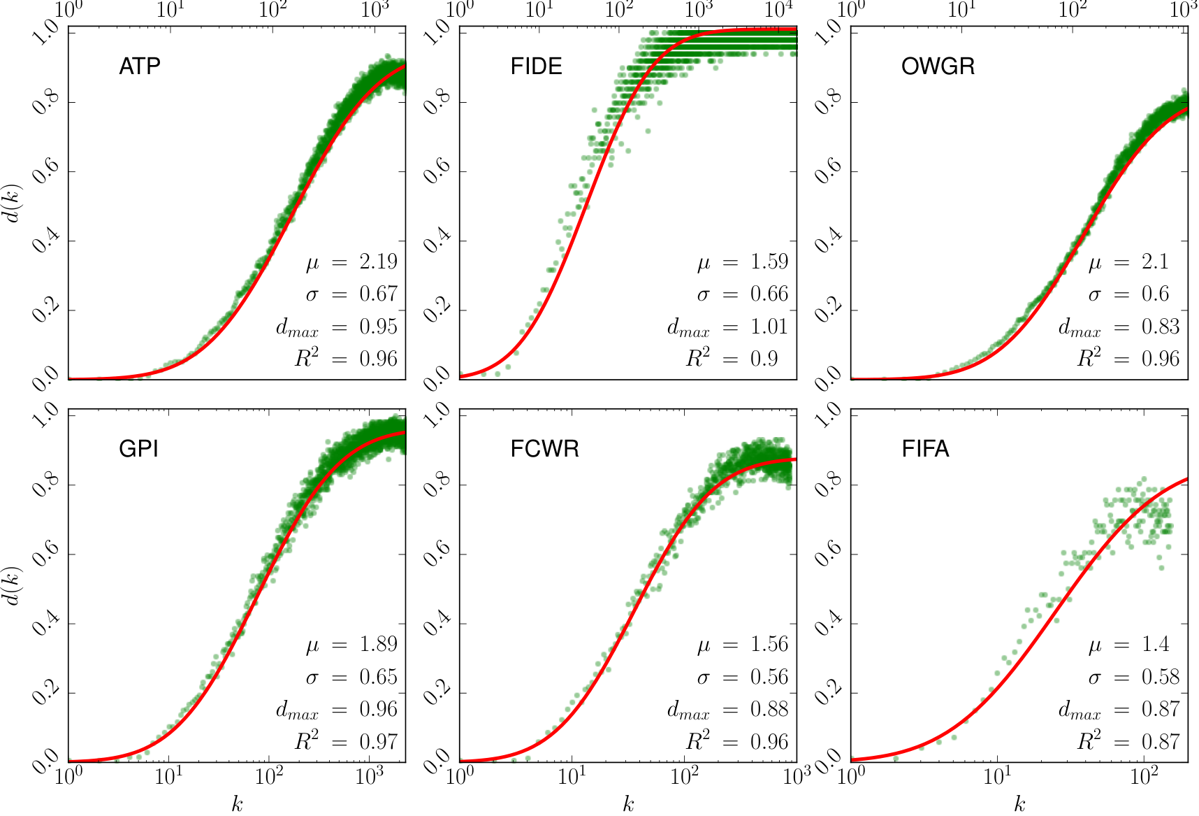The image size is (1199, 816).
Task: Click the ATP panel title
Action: (x=140, y=66)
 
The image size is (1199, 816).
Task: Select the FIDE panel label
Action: (x=536, y=66)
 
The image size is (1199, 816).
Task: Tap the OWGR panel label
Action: (x=938, y=66)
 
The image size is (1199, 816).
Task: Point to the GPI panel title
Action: (x=138, y=448)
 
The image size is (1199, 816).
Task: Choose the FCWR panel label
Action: (x=545, y=448)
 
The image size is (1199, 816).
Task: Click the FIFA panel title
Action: (x=925, y=448)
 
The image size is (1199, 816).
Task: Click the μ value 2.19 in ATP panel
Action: (x=378, y=262)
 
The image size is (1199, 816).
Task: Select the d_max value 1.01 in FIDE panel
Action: (x=769, y=327)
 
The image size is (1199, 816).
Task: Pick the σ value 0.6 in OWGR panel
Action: (x=1155, y=294)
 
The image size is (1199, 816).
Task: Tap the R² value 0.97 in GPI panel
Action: (x=378, y=741)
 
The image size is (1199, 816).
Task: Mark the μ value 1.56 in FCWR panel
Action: (x=769, y=644)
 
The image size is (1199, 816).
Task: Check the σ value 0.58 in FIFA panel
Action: (x=1161, y=677)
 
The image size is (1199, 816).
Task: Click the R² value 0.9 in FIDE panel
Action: (x=764, y=359)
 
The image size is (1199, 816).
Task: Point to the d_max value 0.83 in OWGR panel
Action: (x=1161, y=327)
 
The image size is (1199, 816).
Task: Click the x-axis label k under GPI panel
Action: (x=237, y=804)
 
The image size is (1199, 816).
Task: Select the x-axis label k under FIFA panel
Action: (x=1019, y=804)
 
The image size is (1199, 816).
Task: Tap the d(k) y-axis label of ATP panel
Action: (x=14, y=203)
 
